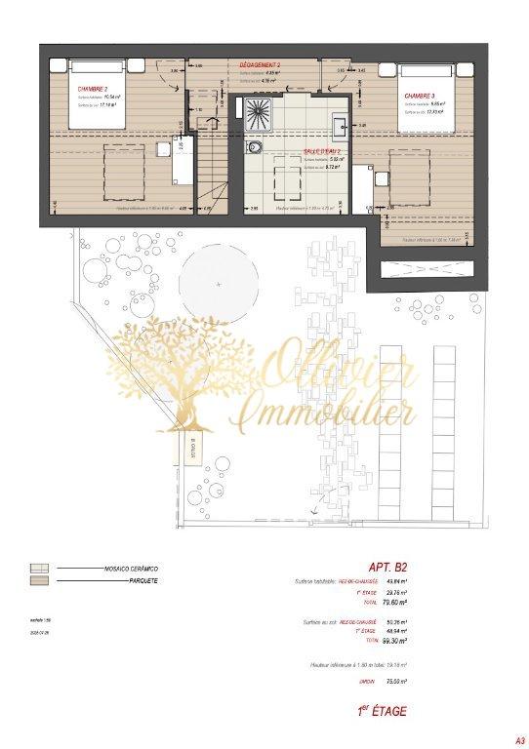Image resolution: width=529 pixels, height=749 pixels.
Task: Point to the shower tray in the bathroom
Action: pyautogui.click(x=263, y=110)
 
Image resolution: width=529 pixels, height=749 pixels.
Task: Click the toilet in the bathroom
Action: pyautogui.click(x=254, y=146)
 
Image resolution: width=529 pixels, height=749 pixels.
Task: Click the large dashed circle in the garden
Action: pyautogui.click(x=219, y=282)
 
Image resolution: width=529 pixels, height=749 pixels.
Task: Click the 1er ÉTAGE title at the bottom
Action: pyautogui.click(x=385, y=712)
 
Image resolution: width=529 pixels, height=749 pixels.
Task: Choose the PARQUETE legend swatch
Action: pyautogui.click(x=41, y=581)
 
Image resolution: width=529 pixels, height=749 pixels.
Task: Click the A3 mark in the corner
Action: pyautogui.click(x=507, y=739)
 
